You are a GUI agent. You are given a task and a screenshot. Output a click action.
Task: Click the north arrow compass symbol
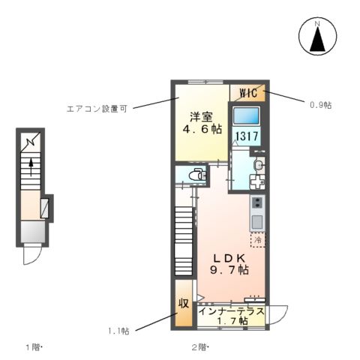(316, 37)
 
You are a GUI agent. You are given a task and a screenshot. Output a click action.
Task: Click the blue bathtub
(247, 115)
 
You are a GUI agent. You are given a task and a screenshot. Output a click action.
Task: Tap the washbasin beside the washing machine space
(259, 165)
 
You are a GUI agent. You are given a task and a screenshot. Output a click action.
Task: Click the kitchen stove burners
(257, 203)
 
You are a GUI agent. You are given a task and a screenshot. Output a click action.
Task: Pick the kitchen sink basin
(257, 222)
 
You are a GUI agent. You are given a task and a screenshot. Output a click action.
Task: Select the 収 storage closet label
(183, 304)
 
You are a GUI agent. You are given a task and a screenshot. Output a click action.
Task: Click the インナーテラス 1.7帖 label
(231, 315)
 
